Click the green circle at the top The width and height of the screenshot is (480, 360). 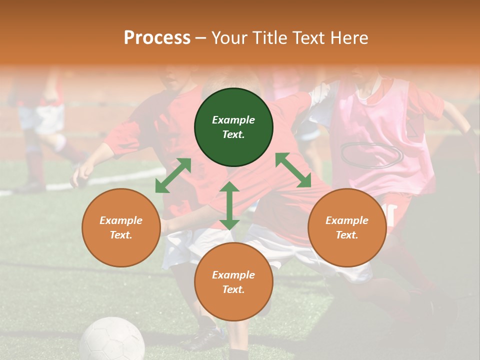pos(233,127)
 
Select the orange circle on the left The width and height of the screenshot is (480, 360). pos(121,227)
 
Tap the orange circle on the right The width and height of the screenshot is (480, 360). pos(346,227)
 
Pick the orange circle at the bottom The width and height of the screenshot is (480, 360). pos(233,282)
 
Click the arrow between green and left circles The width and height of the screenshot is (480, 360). pos(173,175)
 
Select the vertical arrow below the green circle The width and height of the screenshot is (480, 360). pos(229,206)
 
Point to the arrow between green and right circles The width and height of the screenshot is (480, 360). pos(293,170)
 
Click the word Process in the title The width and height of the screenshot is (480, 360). pos(157,37)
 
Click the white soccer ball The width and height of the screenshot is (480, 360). pos(112,340)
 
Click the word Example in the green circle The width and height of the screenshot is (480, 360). pos(233,120)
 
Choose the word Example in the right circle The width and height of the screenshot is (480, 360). pos(346,220)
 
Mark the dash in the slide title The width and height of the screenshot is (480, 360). pos(201,38)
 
